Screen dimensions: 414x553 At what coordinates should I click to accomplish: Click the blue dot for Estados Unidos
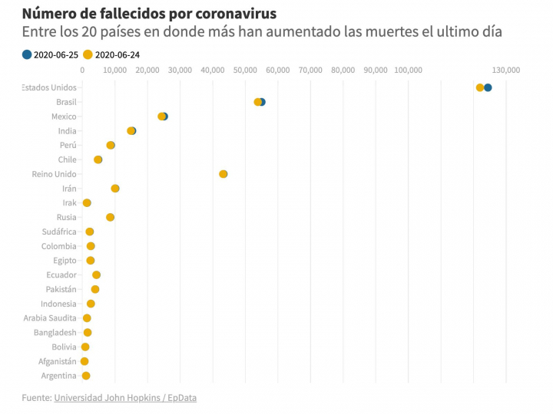(488, 87)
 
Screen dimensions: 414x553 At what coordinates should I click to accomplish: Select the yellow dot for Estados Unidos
(480, 87)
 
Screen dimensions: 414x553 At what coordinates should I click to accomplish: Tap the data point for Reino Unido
(224, 174)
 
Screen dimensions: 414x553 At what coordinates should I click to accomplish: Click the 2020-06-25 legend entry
(51, 54)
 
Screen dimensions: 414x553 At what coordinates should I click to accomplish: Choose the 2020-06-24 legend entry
(111, 54)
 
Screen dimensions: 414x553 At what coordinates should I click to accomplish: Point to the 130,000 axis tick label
(506, 70)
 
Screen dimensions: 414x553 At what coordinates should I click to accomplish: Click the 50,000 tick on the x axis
(244, 70)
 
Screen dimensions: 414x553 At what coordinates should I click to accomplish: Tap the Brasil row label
(66, 102)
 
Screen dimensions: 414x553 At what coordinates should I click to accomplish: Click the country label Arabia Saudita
(50, 318)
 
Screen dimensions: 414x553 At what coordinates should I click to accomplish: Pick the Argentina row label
(58, 376)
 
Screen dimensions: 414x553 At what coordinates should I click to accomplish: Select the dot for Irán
(115, 189)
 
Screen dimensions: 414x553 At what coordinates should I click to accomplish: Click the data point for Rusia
(110, 217)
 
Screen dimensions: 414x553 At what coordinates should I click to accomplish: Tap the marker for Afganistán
(84, 361)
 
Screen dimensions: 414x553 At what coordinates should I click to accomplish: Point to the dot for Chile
(98, 159)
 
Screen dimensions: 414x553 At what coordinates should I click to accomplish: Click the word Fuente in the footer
(35, 398)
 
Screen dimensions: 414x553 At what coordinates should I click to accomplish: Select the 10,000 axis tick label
(114, 70)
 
